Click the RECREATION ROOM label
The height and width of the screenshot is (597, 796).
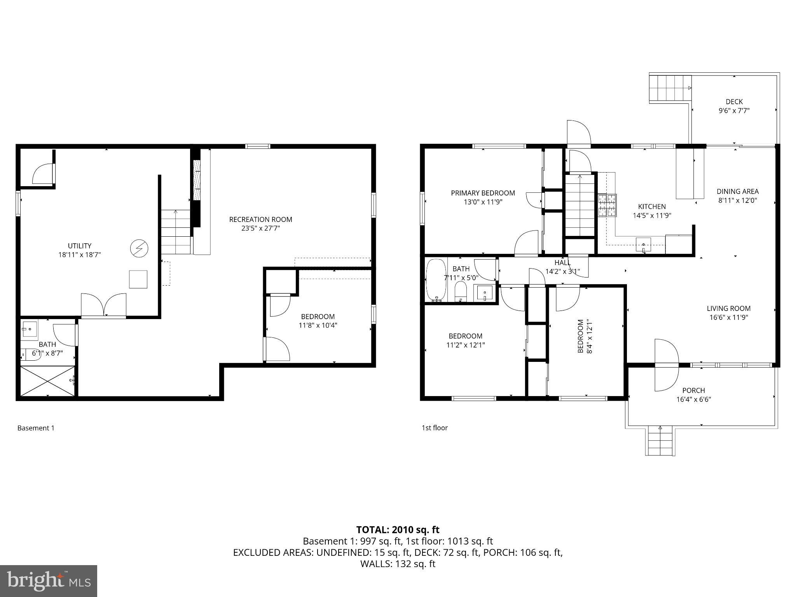260,219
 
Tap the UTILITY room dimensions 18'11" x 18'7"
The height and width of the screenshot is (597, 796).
79,255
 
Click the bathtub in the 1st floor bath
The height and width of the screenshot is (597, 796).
436,280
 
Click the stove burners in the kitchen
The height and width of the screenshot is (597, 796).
607,205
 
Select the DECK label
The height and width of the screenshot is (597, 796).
734,102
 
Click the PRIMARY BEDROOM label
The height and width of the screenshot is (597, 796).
483,193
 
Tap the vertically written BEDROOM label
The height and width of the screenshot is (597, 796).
581,336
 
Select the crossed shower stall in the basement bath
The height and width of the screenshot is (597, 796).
47,381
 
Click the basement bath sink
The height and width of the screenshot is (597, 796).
29,329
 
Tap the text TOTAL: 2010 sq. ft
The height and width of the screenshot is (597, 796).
398,530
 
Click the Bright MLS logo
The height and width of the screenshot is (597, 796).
49,581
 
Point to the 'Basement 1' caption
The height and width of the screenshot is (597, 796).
36,428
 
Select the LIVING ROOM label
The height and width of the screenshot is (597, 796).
728,308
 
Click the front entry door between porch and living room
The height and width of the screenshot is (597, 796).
667,365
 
